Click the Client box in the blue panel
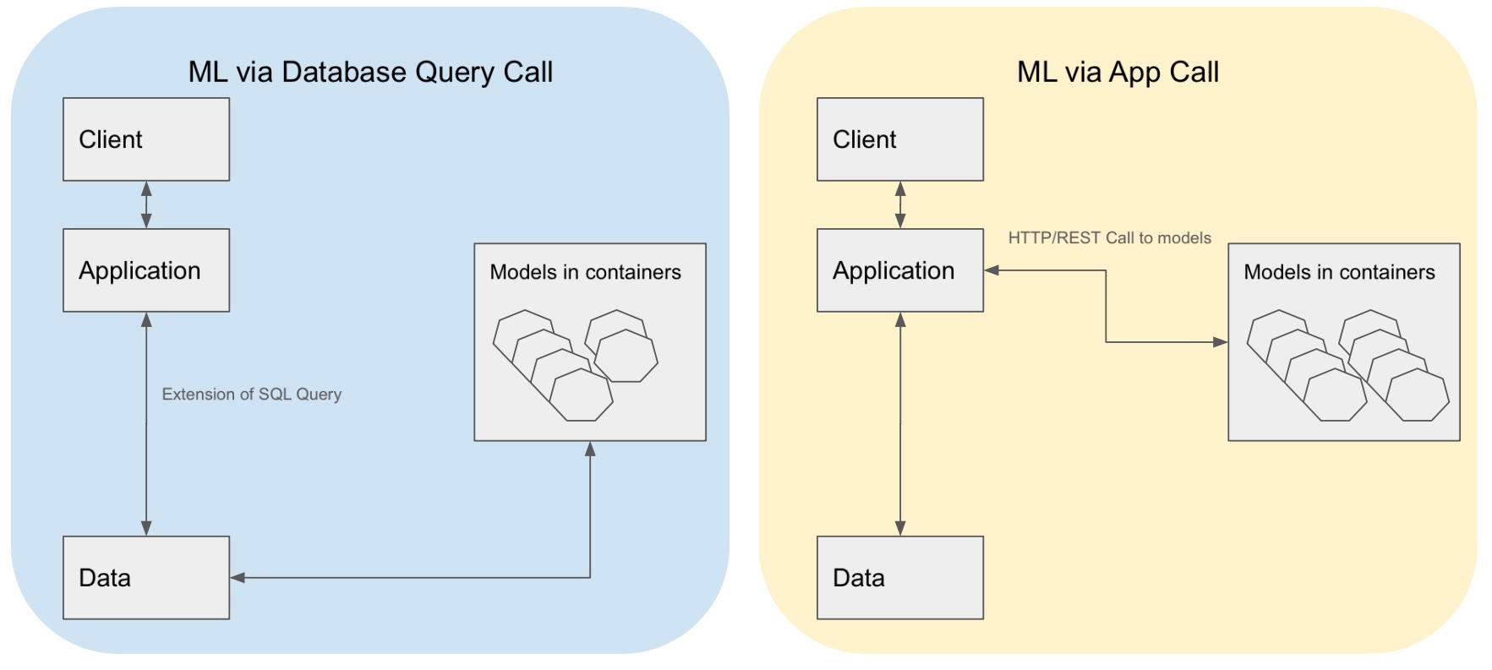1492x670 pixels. [145, 139]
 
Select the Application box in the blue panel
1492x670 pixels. [145, 270]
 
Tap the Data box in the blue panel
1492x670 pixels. [145, 578]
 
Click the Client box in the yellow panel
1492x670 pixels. [899, 139]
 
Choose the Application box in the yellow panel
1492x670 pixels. [899, 270]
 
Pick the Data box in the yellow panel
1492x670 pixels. [899, 578]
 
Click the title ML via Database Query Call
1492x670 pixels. [370, 73]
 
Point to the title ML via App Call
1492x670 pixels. [1118, 73]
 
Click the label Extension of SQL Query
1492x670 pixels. [251, 395]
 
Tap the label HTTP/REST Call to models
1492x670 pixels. [1109, 238]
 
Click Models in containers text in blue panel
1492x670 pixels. [585, 272]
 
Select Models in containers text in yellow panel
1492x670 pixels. [1339, 272]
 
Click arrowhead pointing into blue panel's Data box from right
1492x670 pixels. [238, 578]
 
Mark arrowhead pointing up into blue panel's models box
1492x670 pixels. [590, 449]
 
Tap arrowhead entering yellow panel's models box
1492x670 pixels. [1220, 342]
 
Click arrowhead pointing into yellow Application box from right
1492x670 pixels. [992, 270]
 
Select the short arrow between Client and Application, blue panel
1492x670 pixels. [146, 204]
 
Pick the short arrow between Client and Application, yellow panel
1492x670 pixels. [900, 204]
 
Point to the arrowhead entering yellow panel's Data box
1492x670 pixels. [900, 528]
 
